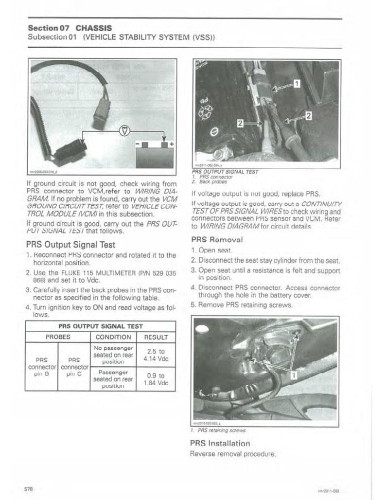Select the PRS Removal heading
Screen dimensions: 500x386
tap(216, 239)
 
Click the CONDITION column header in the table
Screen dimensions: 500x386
tap(113, 337)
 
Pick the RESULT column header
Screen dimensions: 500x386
tap(157, 337)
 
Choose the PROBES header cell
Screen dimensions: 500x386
tap(58, 337)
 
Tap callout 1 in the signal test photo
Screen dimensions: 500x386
tap(297, 84)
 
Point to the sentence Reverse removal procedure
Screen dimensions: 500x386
tap(234, 454)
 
